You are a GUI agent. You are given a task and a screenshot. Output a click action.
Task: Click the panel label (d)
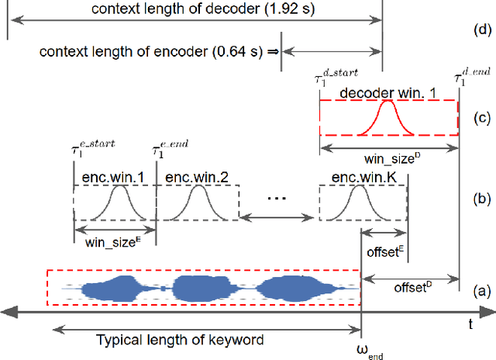pos(480,30)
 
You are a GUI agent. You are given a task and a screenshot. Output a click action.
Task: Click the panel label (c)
pos(480,118)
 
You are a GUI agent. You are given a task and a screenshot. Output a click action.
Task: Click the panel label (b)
pos(480,199)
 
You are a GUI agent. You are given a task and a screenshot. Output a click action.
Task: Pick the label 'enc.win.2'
pos(192,177)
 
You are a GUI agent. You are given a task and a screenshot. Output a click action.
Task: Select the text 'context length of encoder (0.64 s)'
pos(151,52)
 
